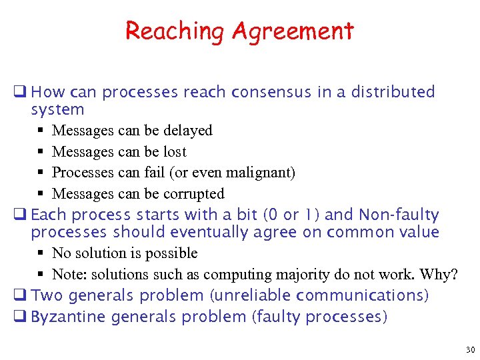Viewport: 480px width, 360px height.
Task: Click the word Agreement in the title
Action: tap(293, 31)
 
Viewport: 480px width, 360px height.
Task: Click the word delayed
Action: tap(187, 131)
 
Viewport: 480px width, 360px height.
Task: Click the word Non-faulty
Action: tap(399, 215)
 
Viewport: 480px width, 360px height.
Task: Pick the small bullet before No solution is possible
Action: tap(41, 253)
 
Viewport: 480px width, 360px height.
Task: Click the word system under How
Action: tap(57, 109)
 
